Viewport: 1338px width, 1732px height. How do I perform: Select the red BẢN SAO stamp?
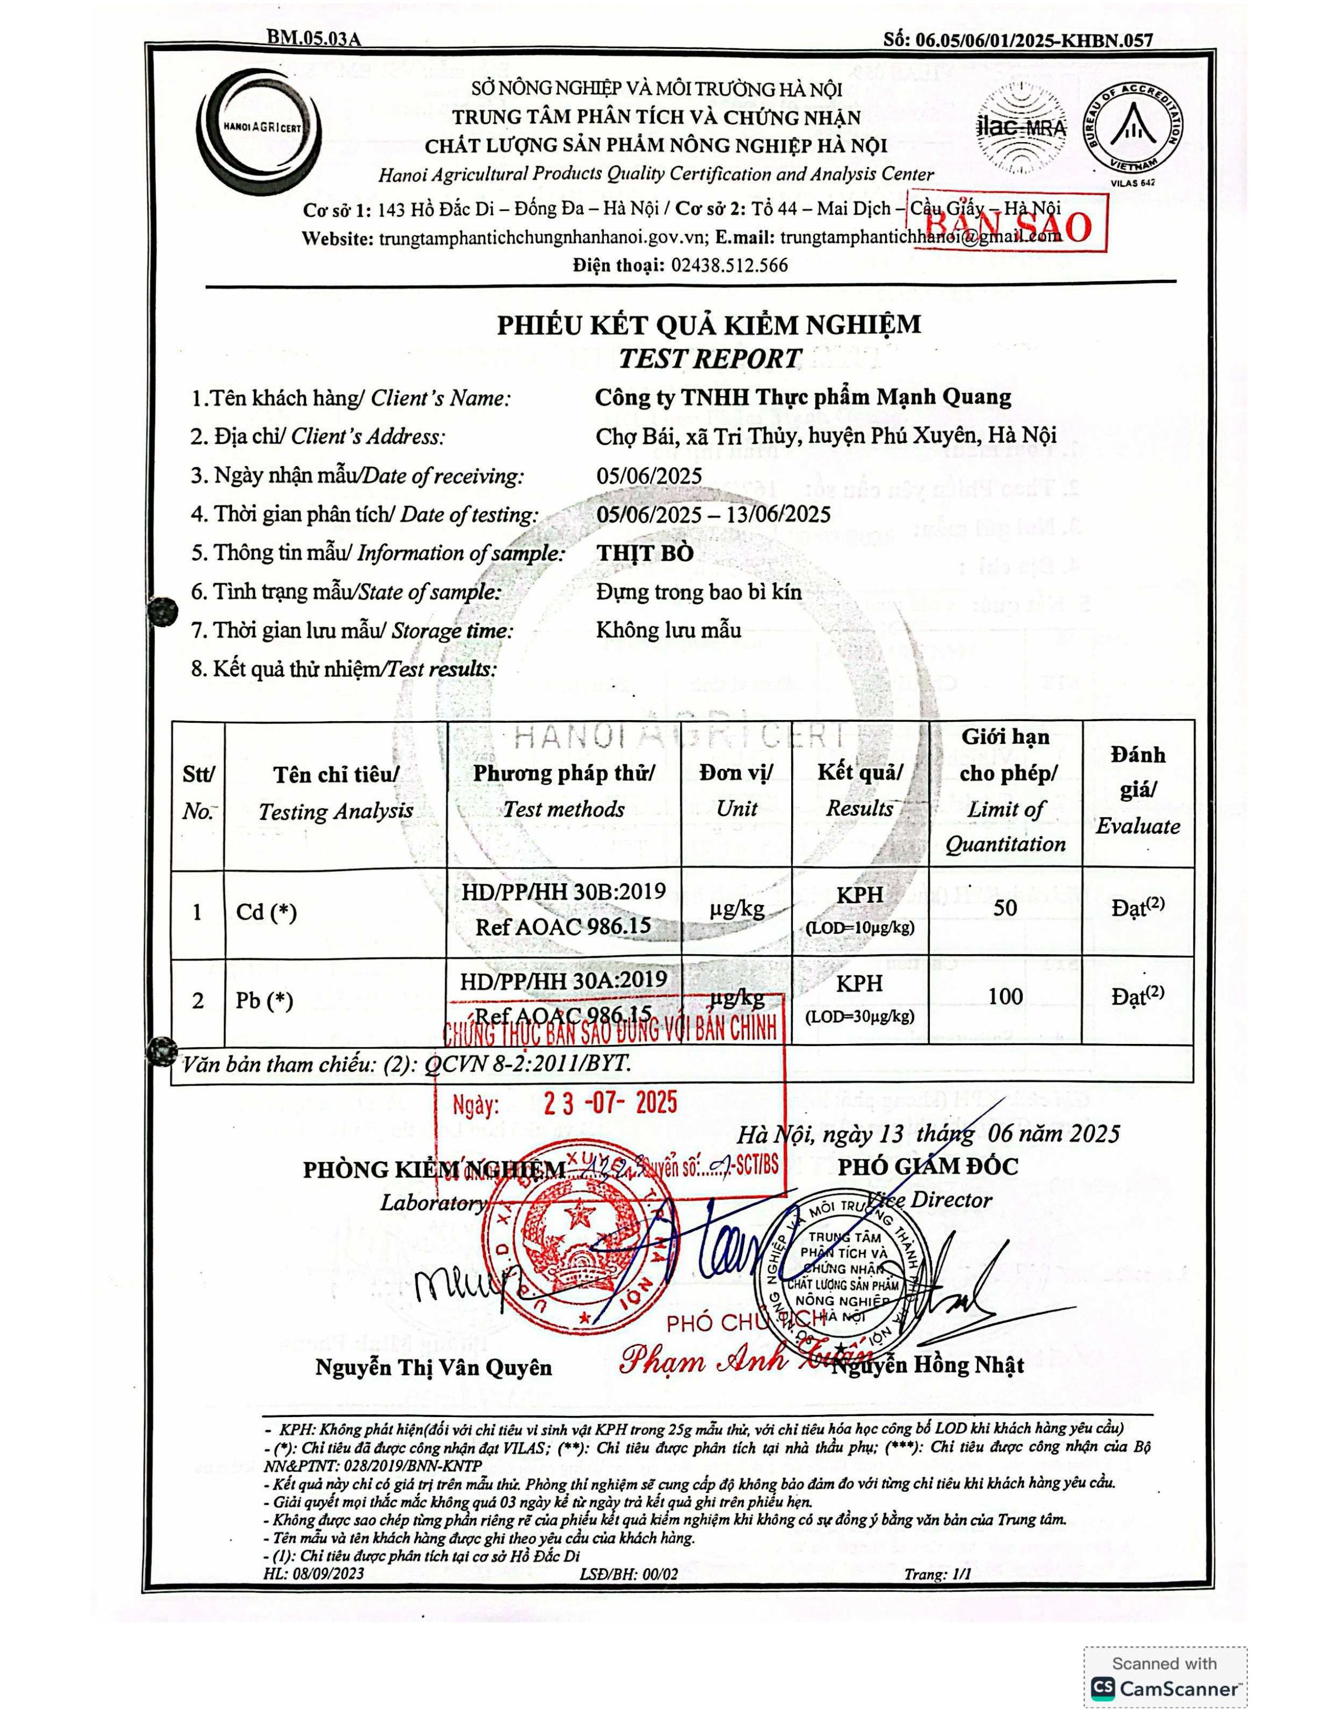tap(1007, 225)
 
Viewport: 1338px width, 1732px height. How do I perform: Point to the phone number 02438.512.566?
tap(729, 265)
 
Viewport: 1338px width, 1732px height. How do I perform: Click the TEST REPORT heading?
tap(709, 358)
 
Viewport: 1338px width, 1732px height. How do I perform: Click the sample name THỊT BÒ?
tap(644, 553)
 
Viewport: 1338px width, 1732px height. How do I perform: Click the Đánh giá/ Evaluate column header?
tap(1138, 790)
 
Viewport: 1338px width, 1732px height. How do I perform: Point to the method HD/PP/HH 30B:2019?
tap(564, 891)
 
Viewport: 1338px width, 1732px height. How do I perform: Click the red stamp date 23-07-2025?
tap(610, 1103)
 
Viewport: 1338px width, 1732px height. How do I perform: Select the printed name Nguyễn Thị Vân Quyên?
tap(433, 1367)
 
